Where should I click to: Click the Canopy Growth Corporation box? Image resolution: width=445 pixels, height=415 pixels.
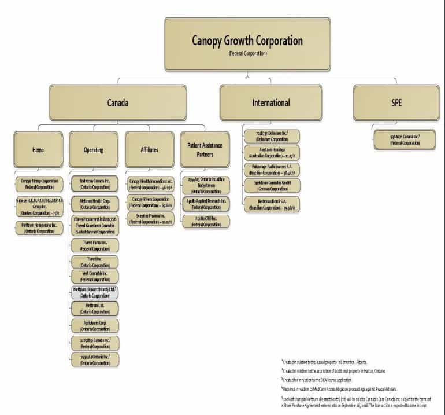247,44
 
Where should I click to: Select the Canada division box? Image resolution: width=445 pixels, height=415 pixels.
118,103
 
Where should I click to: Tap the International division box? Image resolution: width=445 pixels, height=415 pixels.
270,103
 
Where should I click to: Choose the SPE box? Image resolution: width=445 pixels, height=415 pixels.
396,103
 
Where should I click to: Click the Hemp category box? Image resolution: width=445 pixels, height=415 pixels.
38,150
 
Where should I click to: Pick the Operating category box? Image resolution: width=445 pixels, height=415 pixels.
94,150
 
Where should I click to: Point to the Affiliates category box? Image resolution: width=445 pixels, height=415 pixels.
149,150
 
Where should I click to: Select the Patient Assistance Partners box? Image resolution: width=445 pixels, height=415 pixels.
205,150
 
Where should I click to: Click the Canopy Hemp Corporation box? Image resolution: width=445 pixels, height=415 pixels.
39,184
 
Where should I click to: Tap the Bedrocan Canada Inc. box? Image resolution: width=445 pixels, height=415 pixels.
95,184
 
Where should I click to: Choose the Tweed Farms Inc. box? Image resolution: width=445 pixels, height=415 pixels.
95,245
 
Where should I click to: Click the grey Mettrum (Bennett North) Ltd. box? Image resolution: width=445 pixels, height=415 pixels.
95,292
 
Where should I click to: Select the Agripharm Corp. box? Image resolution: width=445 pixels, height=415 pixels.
95,325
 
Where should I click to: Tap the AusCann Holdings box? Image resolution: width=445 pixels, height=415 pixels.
271,152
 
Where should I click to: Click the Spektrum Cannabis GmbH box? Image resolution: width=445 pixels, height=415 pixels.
271,186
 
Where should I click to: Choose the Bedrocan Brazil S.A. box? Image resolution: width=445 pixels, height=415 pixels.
271,203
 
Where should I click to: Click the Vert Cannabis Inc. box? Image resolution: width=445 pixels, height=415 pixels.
95,276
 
